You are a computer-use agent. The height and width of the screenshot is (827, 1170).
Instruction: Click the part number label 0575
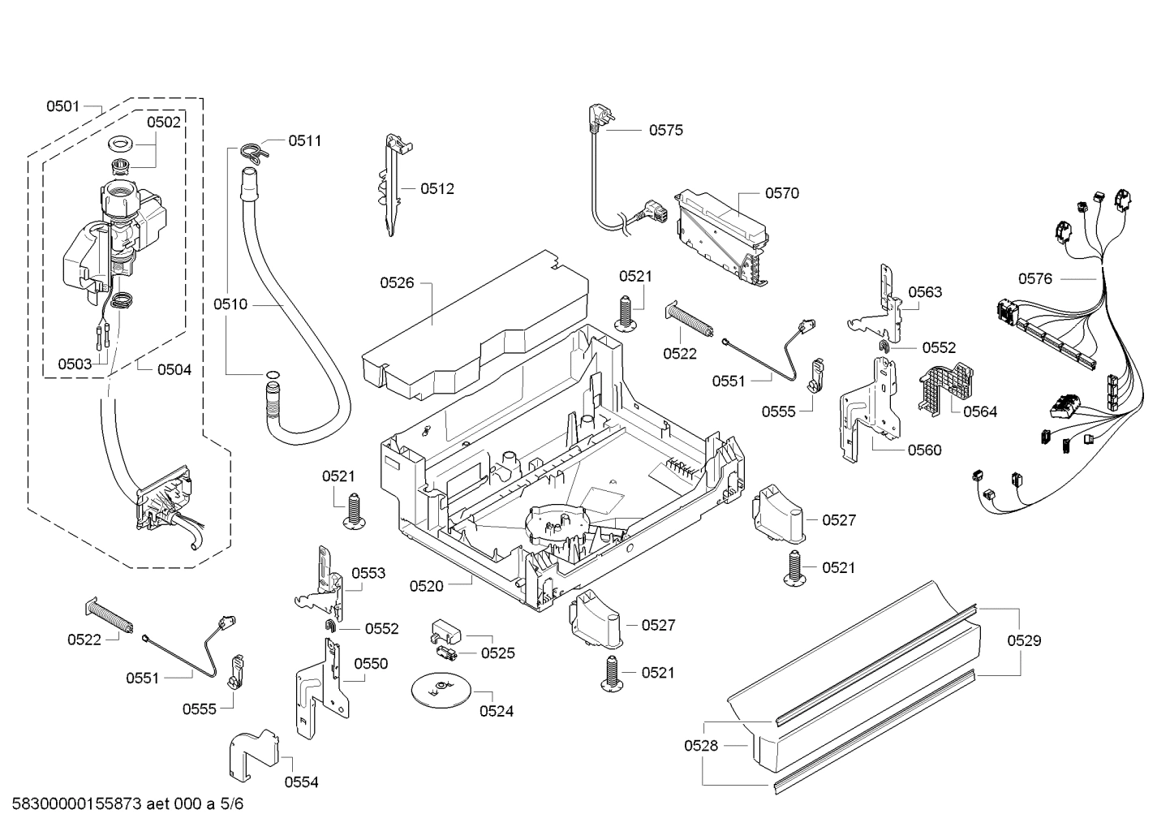(x=665, y=130)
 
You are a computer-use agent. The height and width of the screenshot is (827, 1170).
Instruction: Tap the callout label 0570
(x=781, y=193)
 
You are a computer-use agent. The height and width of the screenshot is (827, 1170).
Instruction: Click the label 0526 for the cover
(x=397, y=282)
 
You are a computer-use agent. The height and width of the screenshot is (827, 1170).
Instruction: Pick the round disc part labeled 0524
(x=440, y=689)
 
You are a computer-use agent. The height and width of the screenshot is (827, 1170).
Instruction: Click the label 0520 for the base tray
(x=426, y=585)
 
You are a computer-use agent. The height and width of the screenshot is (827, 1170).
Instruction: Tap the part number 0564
(x=980, y=411)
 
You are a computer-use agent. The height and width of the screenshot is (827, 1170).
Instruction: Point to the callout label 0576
(x=1035, y=278)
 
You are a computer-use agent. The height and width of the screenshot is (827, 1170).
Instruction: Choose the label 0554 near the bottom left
(x=301, y=782)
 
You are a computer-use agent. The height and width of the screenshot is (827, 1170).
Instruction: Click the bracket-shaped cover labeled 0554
(x=253, y=753)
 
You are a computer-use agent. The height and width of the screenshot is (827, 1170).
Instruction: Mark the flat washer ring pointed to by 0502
(x=122, y=144)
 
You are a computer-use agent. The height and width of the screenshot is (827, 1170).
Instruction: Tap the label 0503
(x=75, y=364)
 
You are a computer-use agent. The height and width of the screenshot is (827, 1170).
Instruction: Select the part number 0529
(x=1024, y=640)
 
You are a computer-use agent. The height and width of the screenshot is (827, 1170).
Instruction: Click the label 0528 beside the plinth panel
(x=701, y=745)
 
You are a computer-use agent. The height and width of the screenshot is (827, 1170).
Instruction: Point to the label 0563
(x=925, y=292)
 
